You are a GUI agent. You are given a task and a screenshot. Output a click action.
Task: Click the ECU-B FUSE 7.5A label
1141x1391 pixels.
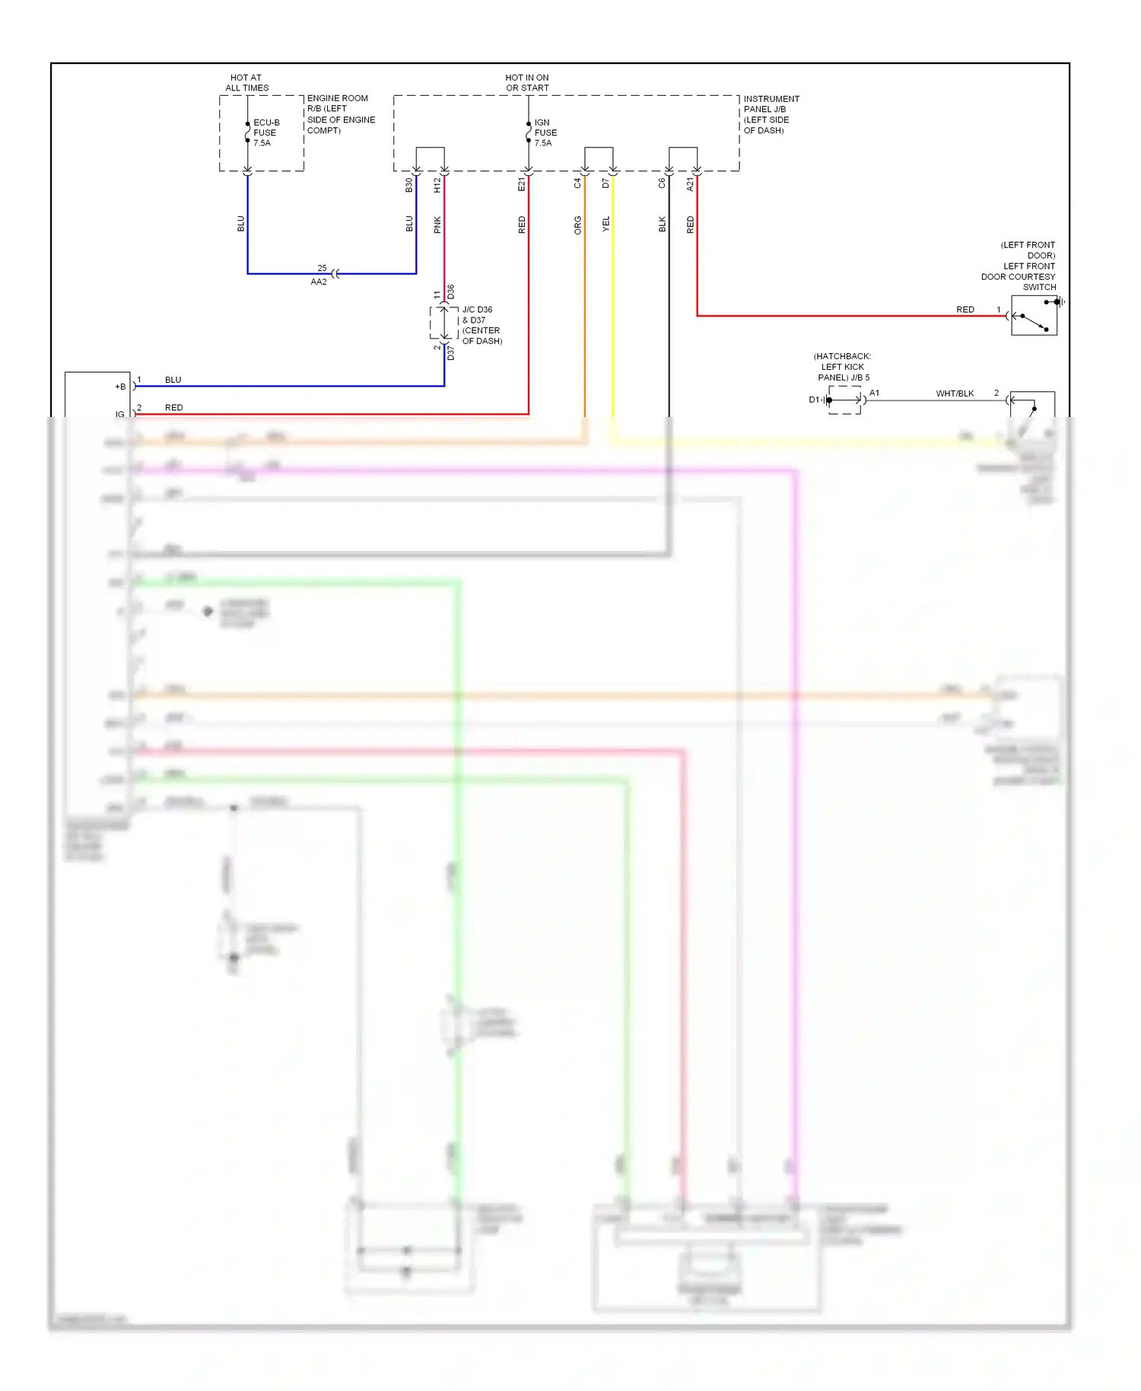click(265, 132)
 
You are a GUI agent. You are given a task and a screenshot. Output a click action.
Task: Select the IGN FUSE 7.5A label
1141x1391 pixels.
click(545, 132)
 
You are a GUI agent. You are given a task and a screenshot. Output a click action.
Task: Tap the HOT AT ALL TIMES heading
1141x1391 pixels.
click(246, 82)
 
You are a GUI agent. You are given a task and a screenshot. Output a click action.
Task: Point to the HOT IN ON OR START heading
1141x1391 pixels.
click(527, 82)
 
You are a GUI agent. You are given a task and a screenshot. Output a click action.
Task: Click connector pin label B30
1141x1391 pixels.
click(409, 185)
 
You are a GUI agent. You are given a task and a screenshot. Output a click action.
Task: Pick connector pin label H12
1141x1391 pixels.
click(437, 185)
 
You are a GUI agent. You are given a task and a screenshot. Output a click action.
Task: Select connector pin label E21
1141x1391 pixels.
click(522, 184)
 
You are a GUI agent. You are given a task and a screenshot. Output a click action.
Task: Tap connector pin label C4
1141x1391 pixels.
click(577, 183)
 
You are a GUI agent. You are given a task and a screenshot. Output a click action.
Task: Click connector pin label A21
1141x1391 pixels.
click(691, 184)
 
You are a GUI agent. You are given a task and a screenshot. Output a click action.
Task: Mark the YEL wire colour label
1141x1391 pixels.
click(606, 224)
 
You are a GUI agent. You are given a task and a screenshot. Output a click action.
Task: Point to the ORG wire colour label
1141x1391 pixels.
click(578, 224)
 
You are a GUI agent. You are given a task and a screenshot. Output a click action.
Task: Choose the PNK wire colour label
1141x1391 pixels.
click(437, 224)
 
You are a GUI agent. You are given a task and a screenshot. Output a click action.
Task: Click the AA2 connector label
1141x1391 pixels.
click(319, 282)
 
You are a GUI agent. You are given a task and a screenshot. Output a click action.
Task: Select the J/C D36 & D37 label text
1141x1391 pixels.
click(482, 325)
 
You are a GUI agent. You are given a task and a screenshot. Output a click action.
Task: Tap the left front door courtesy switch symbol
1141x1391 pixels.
click(1034, 316)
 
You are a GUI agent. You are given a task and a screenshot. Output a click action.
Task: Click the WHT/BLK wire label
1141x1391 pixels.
click(955, 393)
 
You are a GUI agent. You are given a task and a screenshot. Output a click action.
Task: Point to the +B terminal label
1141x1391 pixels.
click(120, 387)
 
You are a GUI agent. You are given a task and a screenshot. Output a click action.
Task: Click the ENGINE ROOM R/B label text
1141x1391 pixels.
click(340, 114)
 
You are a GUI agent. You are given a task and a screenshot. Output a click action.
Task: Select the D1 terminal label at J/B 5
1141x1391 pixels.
click(814, 399)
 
